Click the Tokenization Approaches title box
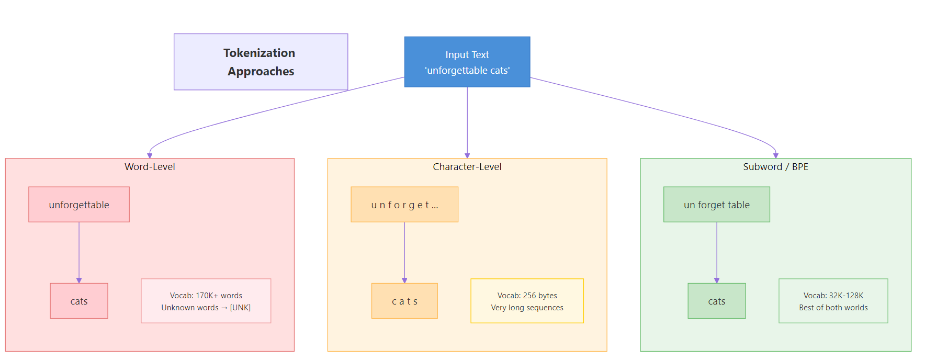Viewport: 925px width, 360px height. [261, 62]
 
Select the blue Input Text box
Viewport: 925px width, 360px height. [467, 62]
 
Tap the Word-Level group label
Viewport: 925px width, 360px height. [150, 167]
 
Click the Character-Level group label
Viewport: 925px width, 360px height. [467, 167]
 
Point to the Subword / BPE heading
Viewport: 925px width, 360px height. [775, 167]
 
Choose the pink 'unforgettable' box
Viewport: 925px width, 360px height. [79, 205]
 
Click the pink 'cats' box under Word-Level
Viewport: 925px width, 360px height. [79, 301]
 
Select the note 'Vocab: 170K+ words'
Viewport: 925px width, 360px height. [206, 296]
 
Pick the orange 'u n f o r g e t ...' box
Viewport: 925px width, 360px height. [404, 205]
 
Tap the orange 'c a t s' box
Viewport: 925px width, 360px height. [404, 301]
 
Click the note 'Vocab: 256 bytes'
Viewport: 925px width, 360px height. [527, 296]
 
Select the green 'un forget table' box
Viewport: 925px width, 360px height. [716, 205]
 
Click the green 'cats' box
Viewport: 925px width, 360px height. [716, 301]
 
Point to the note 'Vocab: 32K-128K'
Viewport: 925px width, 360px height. [833, 296]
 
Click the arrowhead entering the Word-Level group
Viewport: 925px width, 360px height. [150, 155]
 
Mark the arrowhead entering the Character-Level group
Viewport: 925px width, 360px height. [467, 155]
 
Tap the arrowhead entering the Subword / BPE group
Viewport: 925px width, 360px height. [776, 155]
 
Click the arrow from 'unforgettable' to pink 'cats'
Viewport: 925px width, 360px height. [79, 251]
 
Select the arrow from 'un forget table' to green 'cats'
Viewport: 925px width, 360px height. [717, 251]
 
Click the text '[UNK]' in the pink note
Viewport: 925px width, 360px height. [240, 308]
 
